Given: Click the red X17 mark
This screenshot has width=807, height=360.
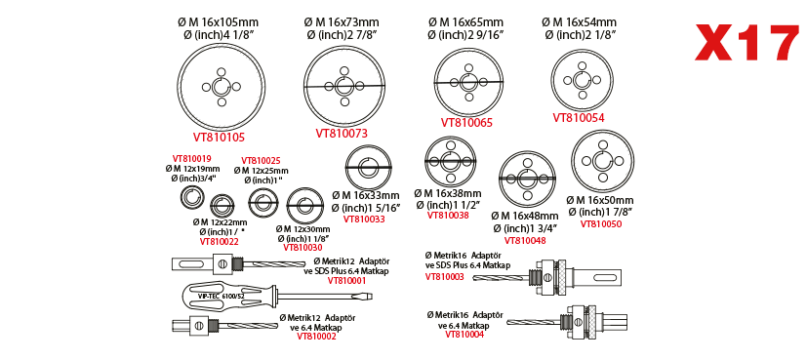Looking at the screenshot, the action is click(746, 44).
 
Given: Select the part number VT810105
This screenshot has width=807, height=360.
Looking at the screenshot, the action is click(219, 138).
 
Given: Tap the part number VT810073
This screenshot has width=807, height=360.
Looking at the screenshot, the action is click(342, 134).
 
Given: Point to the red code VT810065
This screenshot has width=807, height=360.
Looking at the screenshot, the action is click(466, 122).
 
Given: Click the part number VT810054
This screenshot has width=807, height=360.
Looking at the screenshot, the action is click(579, 118).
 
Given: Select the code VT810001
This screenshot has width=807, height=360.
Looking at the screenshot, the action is click(346, 280).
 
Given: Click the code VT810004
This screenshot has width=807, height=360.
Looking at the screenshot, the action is click(464, 335).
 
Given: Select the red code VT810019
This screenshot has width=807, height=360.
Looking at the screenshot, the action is click(191, 159).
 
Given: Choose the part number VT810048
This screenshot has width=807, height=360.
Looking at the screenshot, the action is click(525, 240).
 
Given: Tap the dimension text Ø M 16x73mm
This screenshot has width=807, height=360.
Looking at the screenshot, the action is click(342, 22).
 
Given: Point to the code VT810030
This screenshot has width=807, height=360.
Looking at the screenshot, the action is click(303, 248).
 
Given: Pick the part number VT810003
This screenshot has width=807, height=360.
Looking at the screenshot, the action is click(444, 276).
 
